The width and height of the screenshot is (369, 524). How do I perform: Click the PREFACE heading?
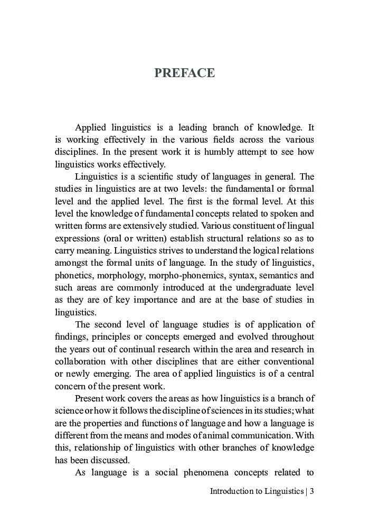pyautogui.click(x=184, y=73)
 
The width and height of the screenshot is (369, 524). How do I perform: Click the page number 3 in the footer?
pyautogui.click(x=312, y=491)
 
